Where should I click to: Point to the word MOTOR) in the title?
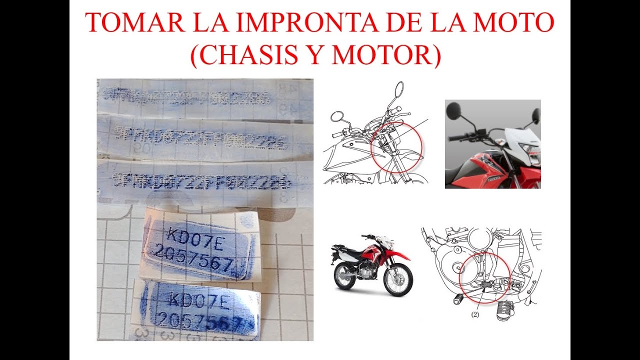[386, 56]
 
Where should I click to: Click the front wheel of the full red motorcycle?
[399, 279]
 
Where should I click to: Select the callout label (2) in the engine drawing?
[474, 314]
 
